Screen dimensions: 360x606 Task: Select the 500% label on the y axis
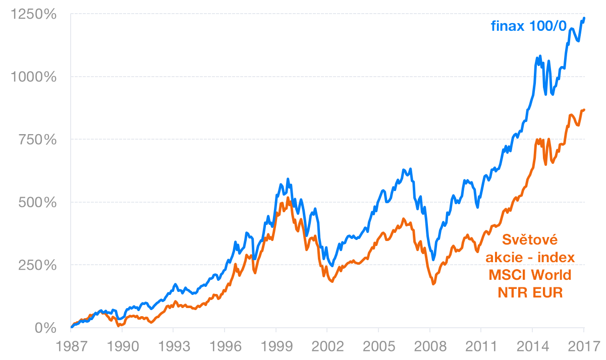point(36,202)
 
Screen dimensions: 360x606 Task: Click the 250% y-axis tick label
point(36,265)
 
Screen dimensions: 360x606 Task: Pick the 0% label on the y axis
point(46,328)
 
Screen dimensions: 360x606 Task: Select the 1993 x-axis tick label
point(174,348)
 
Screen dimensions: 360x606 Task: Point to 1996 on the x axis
point(225,348)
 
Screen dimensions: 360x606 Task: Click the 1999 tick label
point(276,348)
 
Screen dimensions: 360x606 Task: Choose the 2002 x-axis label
point(327,348)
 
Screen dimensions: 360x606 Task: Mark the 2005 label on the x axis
point(378,348)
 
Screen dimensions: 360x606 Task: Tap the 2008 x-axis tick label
point(430,348)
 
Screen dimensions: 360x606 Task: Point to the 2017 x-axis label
point(583,348)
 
